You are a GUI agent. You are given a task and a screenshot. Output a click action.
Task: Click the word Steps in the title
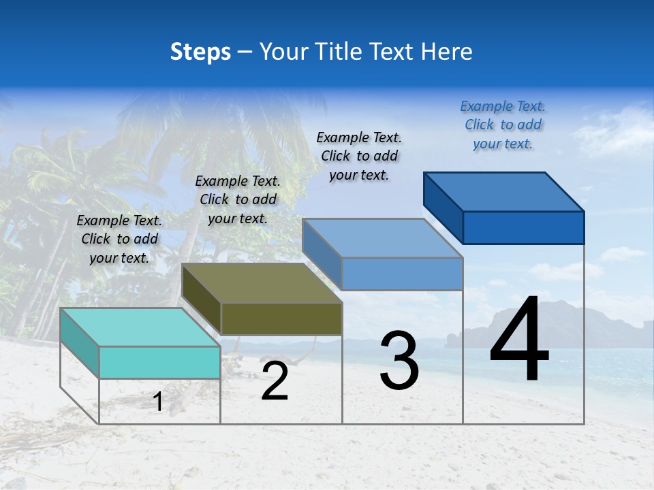coord(200,52)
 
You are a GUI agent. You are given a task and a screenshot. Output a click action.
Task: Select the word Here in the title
coord(446,52)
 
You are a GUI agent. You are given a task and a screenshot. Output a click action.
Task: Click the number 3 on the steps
coord(399,361)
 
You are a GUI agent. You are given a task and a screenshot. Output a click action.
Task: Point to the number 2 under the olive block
coord(275,382)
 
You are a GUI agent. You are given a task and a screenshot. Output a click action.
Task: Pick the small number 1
coord(158,402)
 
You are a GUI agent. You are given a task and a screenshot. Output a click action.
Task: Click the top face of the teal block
coord(140,327)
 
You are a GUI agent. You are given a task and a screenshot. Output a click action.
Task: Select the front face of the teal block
coord(159,362)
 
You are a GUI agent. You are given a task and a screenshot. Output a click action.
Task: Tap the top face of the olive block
coord(261,283)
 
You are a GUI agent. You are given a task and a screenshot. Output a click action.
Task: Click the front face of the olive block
coord(281,318)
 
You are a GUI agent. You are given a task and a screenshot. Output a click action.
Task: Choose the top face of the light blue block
coord(382,238)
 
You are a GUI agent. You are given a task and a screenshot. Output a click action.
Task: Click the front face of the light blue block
coord(402,274)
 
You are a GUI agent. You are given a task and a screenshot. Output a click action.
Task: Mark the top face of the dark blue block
coord(503,192)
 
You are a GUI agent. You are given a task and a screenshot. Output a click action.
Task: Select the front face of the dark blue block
coord(523,227)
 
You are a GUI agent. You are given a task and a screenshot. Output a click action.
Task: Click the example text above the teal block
coord(119,239)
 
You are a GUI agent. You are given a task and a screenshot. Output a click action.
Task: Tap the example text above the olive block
coord(238,199)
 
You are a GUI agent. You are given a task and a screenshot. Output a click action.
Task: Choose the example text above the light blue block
coord(359,156)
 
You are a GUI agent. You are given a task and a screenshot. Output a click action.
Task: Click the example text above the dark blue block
coord(503,125)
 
